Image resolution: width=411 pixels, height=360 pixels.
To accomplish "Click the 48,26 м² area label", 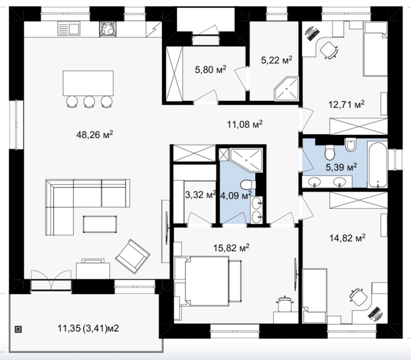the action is coord(95,135).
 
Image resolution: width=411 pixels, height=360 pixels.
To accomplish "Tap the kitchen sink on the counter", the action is coord(68,28).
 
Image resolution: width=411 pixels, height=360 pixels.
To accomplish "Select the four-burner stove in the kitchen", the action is coord(107,29).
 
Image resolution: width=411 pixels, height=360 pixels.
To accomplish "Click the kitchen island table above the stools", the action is coord(88,83).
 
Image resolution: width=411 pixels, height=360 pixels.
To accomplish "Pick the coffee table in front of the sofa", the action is coord(100,224).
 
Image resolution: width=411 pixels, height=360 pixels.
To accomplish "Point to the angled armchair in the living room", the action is coord(132,256).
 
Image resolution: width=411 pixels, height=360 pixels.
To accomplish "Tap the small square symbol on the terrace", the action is coord(18,329).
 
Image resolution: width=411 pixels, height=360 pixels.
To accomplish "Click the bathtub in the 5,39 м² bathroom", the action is coord(377,165).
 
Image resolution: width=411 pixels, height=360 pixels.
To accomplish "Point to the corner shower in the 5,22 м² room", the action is coord(286,88).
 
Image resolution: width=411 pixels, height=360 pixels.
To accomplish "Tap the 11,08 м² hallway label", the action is coord(244,124).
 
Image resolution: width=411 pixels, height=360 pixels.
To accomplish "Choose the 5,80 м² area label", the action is coord(211,70).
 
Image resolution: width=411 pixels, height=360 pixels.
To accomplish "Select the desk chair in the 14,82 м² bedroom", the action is coord(359,297).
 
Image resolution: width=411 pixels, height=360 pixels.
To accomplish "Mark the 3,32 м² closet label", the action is coord(201,194).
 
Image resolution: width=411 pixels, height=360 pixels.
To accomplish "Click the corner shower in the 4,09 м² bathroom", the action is coord(246,160).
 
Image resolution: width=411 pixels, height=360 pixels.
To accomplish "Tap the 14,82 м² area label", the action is coord(347,238).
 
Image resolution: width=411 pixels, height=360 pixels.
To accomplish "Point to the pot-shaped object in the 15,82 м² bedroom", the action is coord(284,304).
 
